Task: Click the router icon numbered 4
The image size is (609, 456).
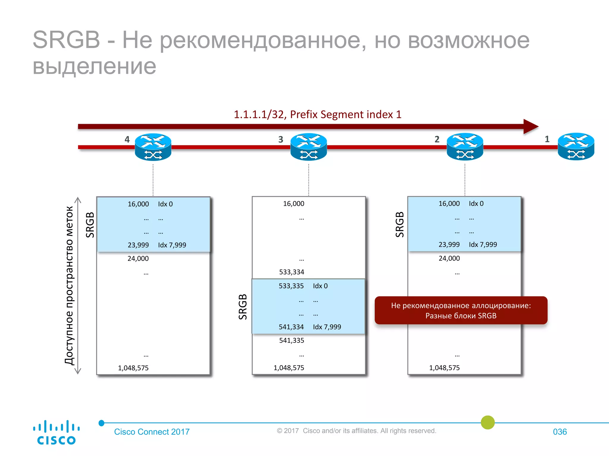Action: click(x=153, y=147)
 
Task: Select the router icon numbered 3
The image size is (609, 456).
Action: click(x=308, y=147)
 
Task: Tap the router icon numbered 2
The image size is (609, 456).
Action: click(x=465, y=147)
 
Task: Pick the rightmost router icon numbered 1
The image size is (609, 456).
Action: click(x=576, y=146)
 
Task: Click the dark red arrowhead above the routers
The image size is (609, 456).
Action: click(x=530, y=126)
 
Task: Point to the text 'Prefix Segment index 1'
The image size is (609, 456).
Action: click(x=346, y=115)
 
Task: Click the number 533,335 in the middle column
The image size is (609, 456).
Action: click(x=291, y=286)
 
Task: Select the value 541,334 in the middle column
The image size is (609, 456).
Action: click(x=291, y=327)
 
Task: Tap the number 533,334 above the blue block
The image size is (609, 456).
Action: click(x=291, y=272)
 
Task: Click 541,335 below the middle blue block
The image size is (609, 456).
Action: click(x=291, y=341)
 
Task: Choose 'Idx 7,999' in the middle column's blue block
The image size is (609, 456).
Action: click(x=327, y=327)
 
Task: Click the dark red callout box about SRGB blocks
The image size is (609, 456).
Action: click(x=461, y=310)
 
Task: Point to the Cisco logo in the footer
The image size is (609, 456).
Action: click(x=56, y=432)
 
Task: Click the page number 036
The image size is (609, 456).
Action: click(x=560, y=432)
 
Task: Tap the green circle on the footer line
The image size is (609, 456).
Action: click(x=488, y=422)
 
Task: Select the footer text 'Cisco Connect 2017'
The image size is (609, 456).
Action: click(x=152, y=432)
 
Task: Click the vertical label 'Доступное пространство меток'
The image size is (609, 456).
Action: click(x=69, y=285)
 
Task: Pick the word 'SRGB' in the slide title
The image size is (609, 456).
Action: click(x=66, y=40)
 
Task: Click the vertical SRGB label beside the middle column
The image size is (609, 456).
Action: click(x=243, y=307)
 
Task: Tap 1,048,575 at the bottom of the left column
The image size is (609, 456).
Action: click(x=133, y=368)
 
